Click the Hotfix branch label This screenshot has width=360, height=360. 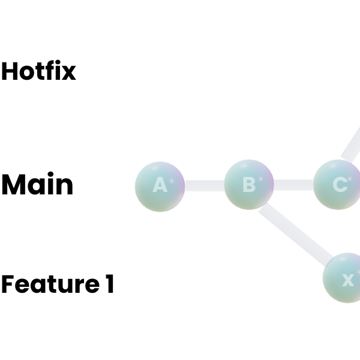[x=38, y=71]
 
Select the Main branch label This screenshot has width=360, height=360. [x=37, y=185]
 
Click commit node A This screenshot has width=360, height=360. [x=160, y=185]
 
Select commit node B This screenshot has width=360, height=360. [x=249, y=185]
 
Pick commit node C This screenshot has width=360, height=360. [x=338, y=185]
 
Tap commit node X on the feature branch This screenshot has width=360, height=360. [x=346, y=279]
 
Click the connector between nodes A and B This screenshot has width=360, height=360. [x=204, y=186]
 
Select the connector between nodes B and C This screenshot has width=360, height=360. [x=293, y=185]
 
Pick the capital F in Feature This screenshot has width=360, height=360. [x=8, y=284]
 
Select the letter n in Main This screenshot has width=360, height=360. [x=64, y=187]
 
